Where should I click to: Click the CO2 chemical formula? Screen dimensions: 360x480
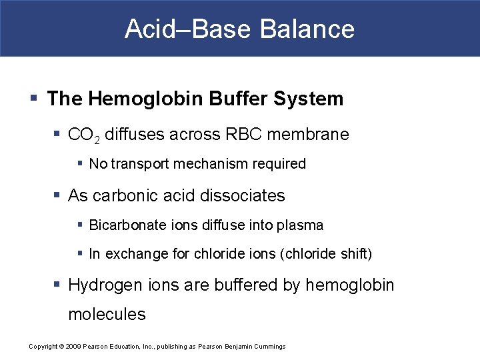(83, 135)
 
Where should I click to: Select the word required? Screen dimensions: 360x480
(279, 164)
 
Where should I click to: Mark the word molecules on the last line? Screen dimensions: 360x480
(107, 315)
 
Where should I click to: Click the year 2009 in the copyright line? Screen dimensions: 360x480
(72, 347)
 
